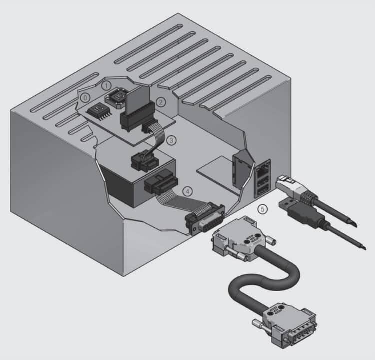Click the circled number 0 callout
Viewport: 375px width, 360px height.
85,98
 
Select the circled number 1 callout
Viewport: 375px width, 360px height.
106,86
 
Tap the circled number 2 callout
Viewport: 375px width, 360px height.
161,102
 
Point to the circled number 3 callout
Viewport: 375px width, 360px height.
171,140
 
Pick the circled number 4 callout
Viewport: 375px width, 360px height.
187,191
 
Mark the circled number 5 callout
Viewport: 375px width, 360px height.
263,209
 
